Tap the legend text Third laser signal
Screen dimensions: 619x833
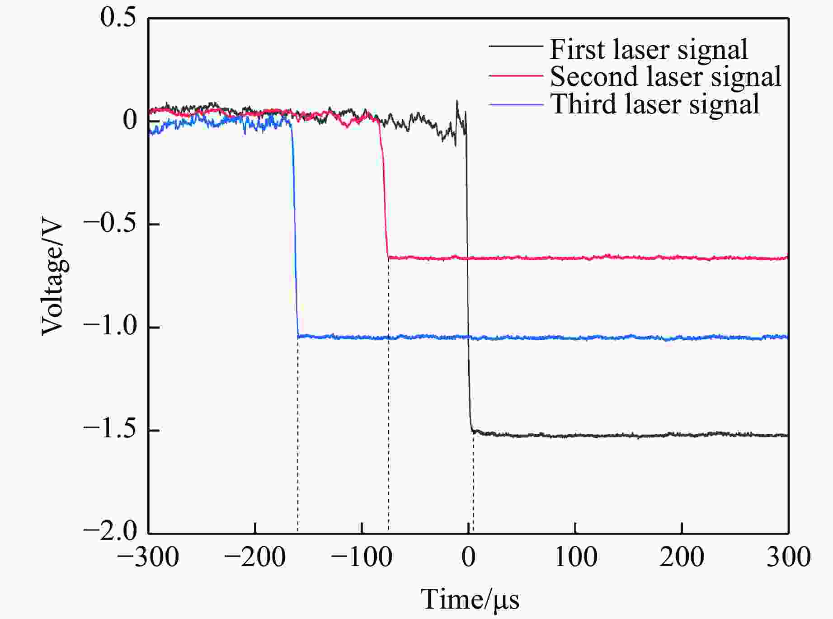click(x=654, y=104)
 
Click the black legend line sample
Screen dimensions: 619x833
click(x=515, y=46)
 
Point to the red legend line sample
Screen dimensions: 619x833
click(x=515, y=75)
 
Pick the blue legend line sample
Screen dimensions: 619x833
click(x=515, y=104)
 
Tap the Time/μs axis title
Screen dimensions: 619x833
click(x=470, y=600)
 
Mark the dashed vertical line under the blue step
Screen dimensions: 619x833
click(x=297, y=434)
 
